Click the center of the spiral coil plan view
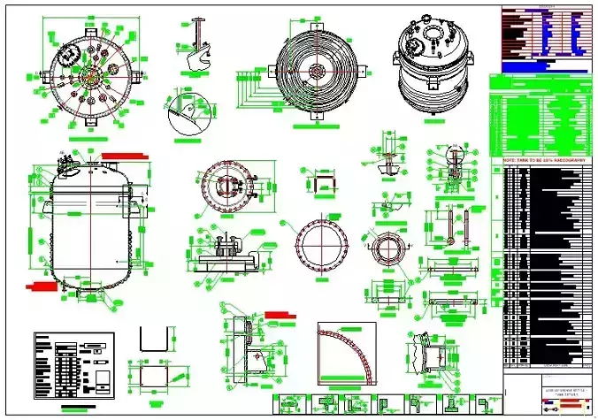pyautogui.click(x=316, y=67)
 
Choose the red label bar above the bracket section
pyautogui.click(x=280, y=313)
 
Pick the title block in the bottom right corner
pyautogui.click(x=548, y=395)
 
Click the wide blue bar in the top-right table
pyautogui.click(x=544, y=67)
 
